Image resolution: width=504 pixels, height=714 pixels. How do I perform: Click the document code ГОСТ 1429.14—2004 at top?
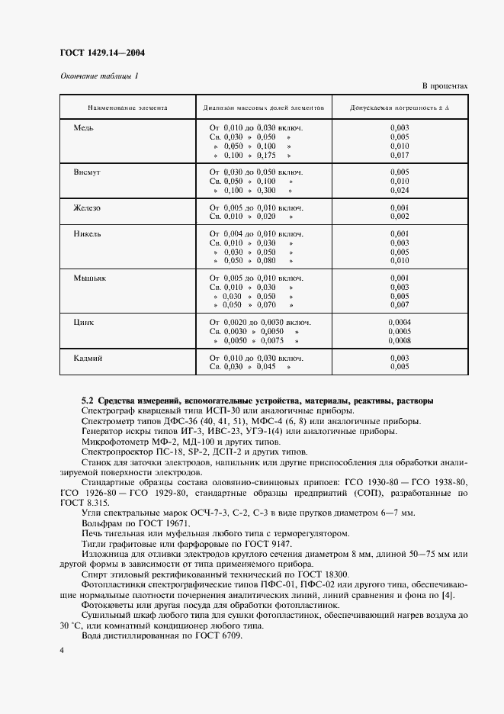102,53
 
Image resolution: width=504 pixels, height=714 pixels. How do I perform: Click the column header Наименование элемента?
127,108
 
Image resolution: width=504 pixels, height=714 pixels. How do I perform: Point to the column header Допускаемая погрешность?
399,108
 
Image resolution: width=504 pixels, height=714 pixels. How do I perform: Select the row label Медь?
83,127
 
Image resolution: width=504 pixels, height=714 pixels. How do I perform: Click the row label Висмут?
87,172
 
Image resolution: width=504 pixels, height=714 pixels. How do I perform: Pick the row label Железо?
87,207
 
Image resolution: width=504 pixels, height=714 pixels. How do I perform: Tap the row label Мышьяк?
89,278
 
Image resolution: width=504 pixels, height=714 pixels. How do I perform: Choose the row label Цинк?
84,323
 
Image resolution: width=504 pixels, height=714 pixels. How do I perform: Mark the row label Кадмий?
88,358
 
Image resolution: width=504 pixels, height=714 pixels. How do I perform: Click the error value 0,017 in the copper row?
399,155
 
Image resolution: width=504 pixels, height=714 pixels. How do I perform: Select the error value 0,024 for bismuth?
399,191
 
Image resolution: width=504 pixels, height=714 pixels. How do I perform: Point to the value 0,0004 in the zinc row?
399,323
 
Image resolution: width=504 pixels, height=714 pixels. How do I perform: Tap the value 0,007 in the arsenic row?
399,305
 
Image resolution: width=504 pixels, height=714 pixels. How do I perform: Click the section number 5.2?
87,400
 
